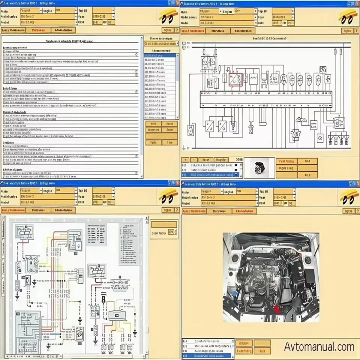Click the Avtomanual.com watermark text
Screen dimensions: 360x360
[319, 347]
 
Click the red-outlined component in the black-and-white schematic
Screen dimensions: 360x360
[235, 79]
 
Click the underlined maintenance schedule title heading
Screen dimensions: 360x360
[72, 41]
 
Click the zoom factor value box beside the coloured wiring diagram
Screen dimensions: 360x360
[172, 232]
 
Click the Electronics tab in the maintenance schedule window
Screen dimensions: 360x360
[39, 30]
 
